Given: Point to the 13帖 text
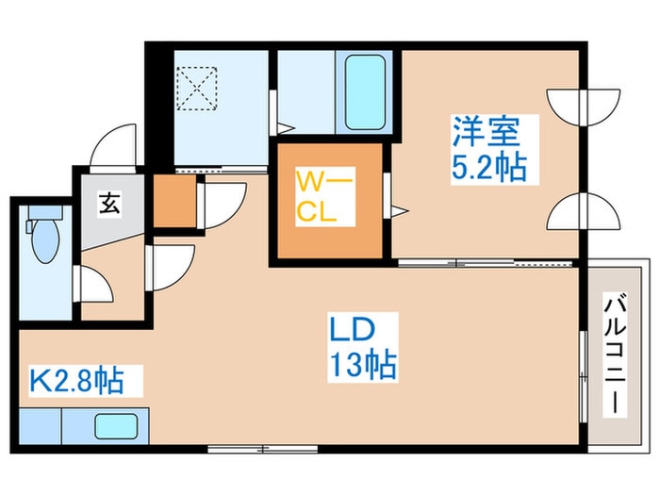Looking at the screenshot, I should [x=361, y=362].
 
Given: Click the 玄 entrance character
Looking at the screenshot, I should [x=109, y=202].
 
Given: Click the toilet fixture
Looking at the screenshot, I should [x=43, y=241].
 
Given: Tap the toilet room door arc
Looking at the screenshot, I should [x=94, y=283].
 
